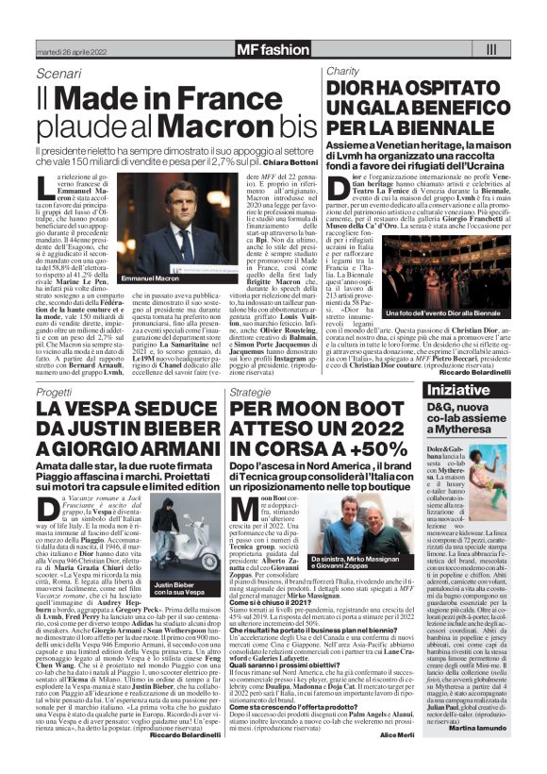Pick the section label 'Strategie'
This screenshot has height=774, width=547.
[250, 364]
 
